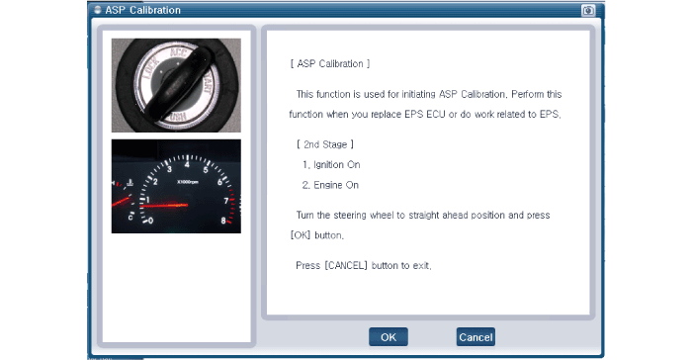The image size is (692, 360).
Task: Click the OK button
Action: pyautogui.click(x=389, y=337)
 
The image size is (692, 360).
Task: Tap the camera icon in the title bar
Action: pyautogui.click(x=588, y=10)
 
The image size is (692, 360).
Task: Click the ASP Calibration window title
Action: pyautogui.click(x=142, y=10)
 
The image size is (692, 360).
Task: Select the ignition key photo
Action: pyautogui.click(x=176, y=85)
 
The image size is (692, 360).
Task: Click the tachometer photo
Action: pyautogui.click(x=176, y=186)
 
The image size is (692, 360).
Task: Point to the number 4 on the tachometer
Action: pyautogui.click(x=187, y=165)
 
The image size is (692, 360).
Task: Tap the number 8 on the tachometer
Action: pyautogui.click(x=223, y=221)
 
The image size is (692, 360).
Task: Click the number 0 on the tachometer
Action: pyautogui.click(x=150, y=221)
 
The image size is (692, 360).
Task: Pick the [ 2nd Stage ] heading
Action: pyautogui.click(x=325, y=144)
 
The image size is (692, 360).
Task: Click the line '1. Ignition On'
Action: pyautogui.click(x=331, y=165)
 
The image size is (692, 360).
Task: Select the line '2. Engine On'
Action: pyautogui.click(x=330, y=185)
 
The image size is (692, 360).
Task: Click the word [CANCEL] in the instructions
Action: pyautogui.click(x=346, y=265)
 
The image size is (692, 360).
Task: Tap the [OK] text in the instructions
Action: pyautogui.click(x=301, y=235)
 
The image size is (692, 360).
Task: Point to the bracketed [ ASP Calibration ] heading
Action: pyautogui.click(x=330, y=64)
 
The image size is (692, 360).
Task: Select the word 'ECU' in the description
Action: pyautogui.click(x=436, y=115)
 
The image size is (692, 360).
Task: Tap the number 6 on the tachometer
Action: pyautogui.click(x=219, y=182)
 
